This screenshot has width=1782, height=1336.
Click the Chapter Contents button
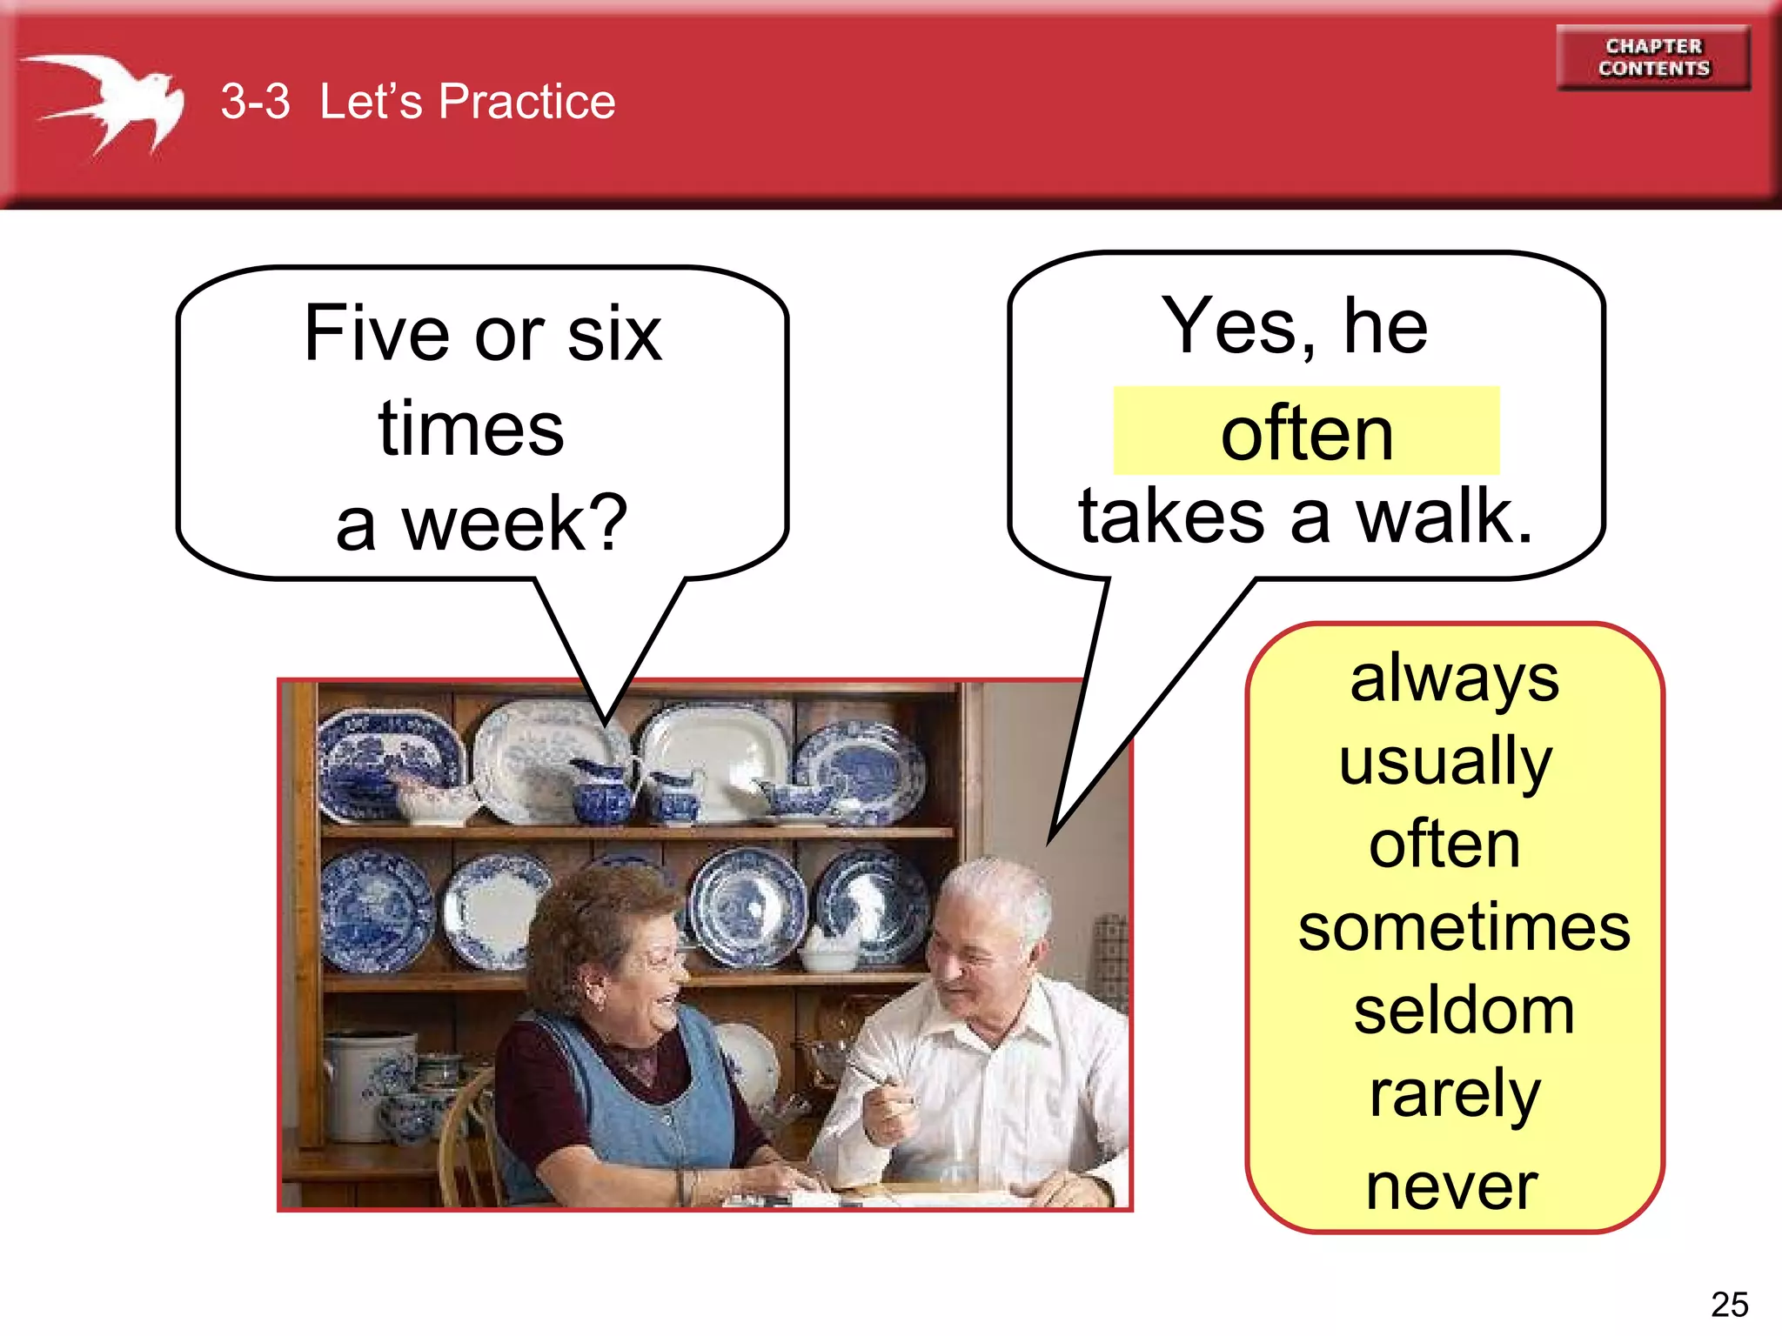coord(1653,57)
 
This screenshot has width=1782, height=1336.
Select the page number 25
coord(1729,1304)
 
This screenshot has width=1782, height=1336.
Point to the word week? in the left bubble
coord(513,524)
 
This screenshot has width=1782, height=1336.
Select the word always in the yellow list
coord(1454,679)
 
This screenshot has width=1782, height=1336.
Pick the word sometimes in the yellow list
coord(1464,927)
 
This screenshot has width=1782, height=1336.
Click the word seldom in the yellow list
coord(1464,1011)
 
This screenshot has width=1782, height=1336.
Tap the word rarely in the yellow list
coord(1454,1094)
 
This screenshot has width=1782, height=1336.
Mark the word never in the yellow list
coord(1451,1186)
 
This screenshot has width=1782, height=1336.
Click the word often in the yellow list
coord(1444,844)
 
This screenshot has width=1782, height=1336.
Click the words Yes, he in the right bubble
coord(1295,327)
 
